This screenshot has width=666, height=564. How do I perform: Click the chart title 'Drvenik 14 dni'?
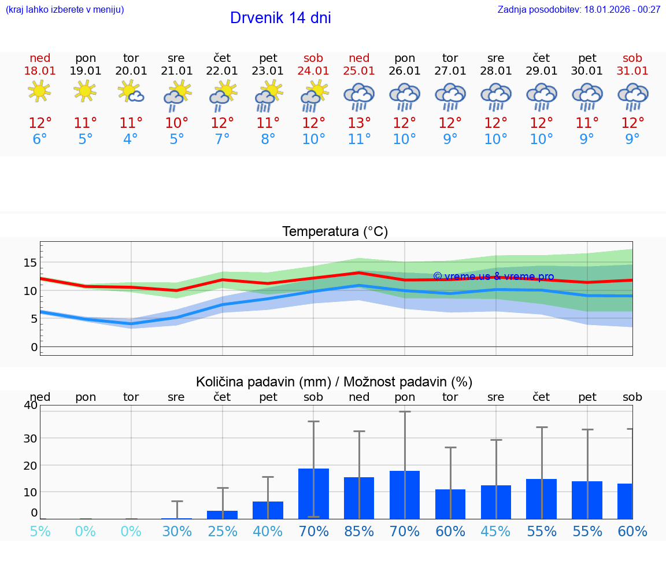click(280, 18)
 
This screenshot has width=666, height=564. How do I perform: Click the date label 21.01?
click(176, 71)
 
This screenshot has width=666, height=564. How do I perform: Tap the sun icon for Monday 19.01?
click(86, 91)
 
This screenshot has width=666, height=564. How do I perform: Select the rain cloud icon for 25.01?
click(359, 96)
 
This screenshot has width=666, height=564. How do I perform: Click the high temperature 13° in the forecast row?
click(359, 123)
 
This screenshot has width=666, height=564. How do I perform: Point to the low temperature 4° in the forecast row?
click(131, 139)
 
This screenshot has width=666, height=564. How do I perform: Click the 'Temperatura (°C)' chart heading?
click(335, 232)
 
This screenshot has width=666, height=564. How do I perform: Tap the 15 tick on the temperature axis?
click(30, 263)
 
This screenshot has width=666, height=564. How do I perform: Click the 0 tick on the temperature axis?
click(34, 347)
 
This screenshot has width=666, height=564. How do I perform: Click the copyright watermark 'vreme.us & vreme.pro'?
click(493, 277)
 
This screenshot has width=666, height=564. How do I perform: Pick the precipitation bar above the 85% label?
click(359, 497)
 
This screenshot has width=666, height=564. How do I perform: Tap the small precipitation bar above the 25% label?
click(222, 514)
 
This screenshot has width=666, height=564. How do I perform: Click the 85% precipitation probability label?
click(359, 532)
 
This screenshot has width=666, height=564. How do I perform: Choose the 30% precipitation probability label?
click(176, 532)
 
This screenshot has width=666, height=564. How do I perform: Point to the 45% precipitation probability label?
click(496, 532)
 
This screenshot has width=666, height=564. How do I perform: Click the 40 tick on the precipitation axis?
click(30, 405)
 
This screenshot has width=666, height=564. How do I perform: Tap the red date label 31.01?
click(632, 71)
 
